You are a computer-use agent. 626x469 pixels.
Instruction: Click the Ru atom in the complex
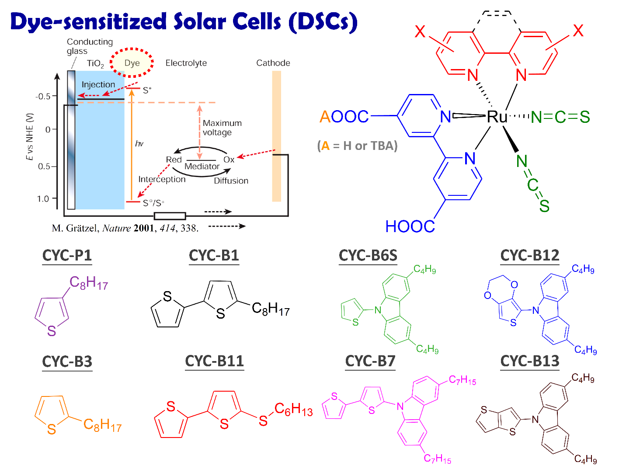tap(497, 116)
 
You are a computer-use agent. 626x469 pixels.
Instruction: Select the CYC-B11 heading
tap(214, 361)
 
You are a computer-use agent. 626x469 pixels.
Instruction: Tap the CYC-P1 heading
tap(67, 255)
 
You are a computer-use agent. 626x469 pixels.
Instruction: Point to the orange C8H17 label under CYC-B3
tap(102, 424)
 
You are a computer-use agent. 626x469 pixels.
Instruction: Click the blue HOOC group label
tap(410, 226)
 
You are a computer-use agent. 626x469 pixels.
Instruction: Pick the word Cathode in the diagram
tap(273, 63)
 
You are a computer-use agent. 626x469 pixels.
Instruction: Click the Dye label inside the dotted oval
tap(132, 63)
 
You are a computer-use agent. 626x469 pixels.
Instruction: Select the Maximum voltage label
tap(222, 128)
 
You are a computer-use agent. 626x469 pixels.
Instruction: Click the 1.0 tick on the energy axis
tap(43, 199)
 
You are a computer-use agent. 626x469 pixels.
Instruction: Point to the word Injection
tap(98, 85)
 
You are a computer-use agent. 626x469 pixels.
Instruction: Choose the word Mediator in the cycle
tap(202, 167)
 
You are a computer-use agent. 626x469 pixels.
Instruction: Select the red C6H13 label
tap(293, 410)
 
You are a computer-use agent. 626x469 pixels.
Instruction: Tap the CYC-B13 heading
tap(529, 361)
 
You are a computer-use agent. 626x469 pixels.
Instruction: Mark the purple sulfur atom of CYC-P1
tap(52, 331)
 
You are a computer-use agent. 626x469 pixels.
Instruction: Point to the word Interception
tap(162, 179)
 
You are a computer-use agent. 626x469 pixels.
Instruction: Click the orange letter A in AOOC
tap(325, 117)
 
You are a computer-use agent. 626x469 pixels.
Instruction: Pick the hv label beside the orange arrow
tap(139, 143)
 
